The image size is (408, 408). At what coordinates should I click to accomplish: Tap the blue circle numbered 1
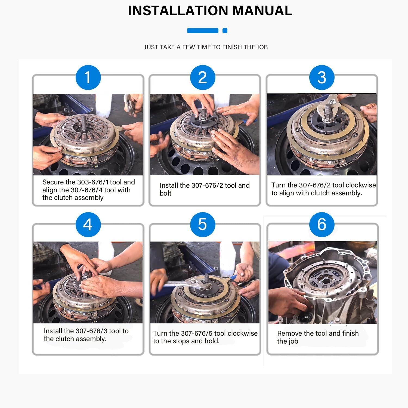pyautogui.click(x=88, y=78)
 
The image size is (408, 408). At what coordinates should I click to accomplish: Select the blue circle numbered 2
pyautogui.click(x=203, y=78)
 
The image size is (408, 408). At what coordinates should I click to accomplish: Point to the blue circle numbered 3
pyautogui.click(x=322, y=78)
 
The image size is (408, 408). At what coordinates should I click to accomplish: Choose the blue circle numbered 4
pyautogui.click(x=88, y=225)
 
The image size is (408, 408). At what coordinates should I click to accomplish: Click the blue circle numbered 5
pyautogui.click(x=203, y=225)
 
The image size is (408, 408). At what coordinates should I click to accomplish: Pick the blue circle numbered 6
pyautogui.click(x=322, y=225)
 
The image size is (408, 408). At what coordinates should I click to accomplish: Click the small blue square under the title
pyautogui.click(x=225, y=31)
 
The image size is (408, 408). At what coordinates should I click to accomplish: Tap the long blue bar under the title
pyautogui.click(x=203, y=31)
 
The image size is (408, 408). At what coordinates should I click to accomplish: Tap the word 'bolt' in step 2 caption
pyautogui.click(x=165, y=193)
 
